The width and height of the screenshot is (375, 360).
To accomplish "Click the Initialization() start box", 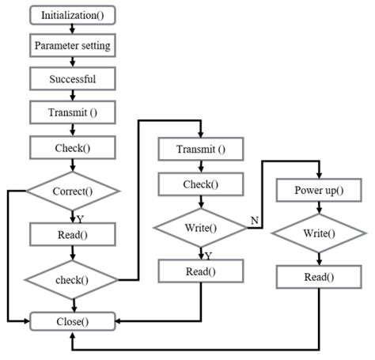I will [72, 15].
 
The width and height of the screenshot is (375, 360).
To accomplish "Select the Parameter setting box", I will [72, 46].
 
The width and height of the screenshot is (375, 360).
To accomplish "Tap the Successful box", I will [72, 80].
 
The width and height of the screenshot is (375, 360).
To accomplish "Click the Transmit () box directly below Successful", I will [72, 112].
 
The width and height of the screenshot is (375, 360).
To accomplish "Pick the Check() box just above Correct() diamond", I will [72, 147].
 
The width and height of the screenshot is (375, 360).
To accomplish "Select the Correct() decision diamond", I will [72, 191].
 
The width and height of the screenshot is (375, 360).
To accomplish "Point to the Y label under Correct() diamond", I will [79, 218].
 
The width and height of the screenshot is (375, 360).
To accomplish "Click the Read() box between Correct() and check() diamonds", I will [72, 233].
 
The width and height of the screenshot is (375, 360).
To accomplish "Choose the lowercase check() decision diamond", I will [72, 278].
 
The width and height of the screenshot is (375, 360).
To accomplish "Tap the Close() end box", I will [72, 321].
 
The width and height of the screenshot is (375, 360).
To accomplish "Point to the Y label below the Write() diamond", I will [207, 256].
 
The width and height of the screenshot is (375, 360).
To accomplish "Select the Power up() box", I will [318, 191].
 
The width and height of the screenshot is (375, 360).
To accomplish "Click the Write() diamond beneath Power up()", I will [318, 233].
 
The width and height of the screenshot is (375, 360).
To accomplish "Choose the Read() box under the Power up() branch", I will [318, 277].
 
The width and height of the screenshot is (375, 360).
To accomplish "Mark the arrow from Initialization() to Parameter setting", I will [72, 28].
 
